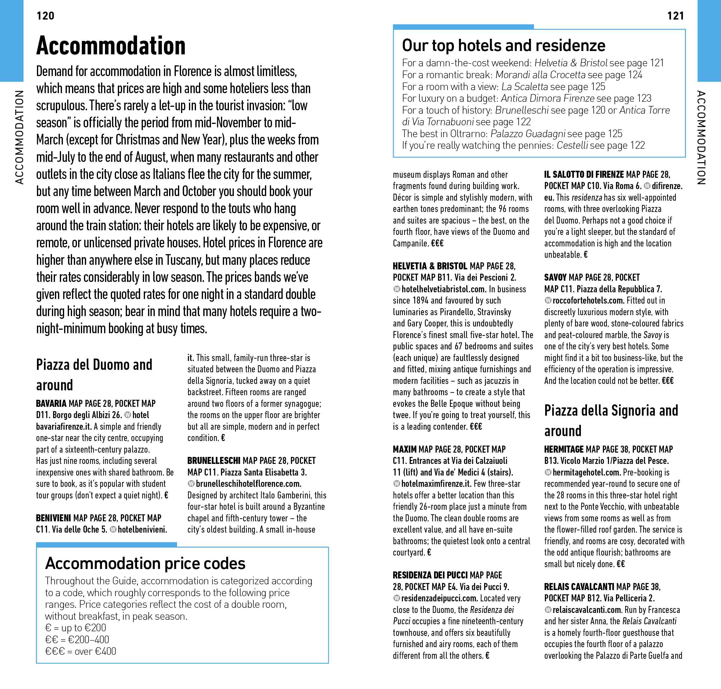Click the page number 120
click(x=45, y=16)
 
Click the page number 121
click(x=676, y=16)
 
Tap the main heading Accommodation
click(x=111, y=46)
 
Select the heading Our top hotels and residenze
click(x=503, y=46)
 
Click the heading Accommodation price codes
click(x=145, y=563)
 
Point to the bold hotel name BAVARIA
click(x=51, y=404)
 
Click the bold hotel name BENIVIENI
click(x=53, y=518)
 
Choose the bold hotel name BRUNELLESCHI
click(x=214, y=461)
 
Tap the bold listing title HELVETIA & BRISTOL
click(x=430, y=266)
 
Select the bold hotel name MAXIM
click(x=404, y=449)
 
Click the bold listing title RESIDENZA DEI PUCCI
click(x=430, y=575)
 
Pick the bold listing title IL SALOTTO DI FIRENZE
click(x=584, y=174)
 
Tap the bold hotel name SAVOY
click(x=556, y=277)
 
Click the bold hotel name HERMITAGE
click(x=563, y=449)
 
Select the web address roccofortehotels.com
click(x=588, y=301)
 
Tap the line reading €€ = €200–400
click(x=77, y=640)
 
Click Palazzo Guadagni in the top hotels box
click(x=525, y=134)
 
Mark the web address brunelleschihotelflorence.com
click(x=248, y=484)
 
